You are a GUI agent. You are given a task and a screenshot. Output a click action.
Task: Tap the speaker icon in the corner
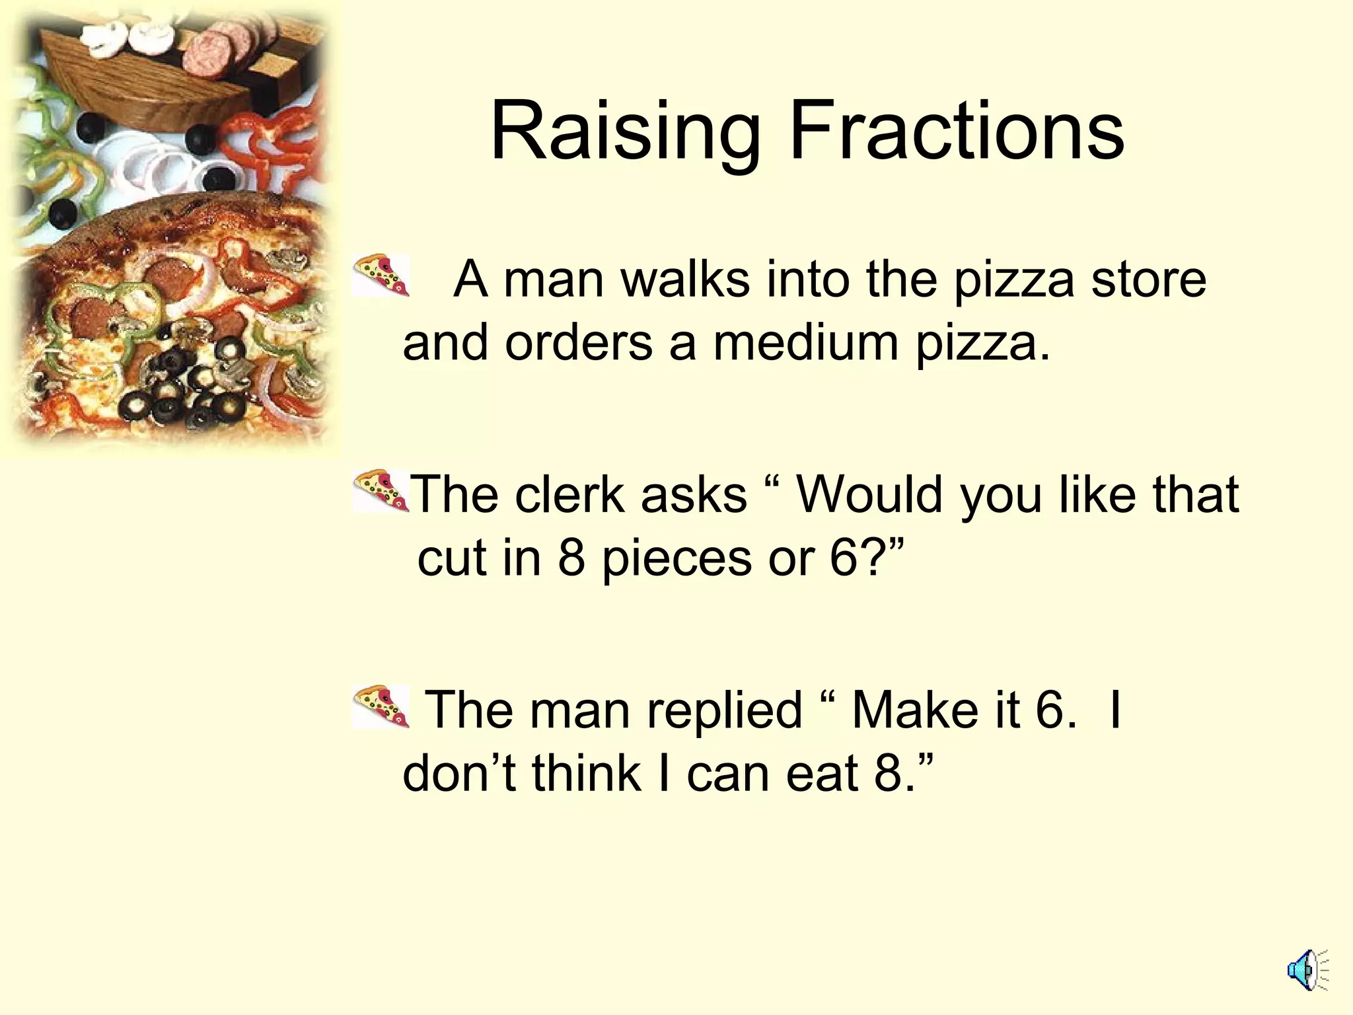pos(1307,971)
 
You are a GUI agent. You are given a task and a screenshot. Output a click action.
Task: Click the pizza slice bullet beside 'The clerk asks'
pos(381,490)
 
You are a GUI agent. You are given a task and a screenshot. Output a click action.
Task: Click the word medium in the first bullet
pos(805,344)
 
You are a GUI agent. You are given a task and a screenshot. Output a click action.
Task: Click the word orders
pos(578,344)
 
